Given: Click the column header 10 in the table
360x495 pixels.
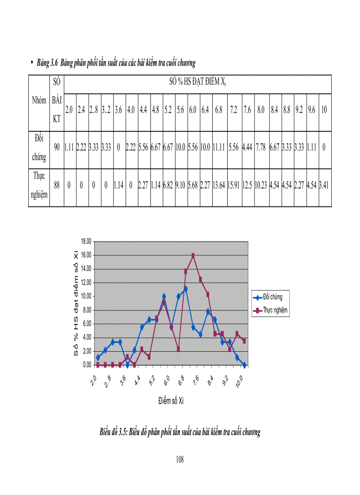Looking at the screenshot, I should [x=324, y=110].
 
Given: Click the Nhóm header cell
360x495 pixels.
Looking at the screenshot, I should [x=39, y=100].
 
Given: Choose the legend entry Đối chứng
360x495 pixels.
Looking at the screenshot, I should [x=273, y=297].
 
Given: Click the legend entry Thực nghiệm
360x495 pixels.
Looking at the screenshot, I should [x=275, y=310].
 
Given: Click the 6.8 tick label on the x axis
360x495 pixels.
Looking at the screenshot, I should [x=182, y=380].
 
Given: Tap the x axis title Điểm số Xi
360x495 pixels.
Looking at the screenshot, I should [x=171, y=402].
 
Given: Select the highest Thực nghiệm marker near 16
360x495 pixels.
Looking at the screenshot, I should [x=193, y=256].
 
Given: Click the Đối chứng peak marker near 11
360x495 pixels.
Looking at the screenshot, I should [x=186, y=289].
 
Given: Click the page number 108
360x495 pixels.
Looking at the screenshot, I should [x=180, y=460].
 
